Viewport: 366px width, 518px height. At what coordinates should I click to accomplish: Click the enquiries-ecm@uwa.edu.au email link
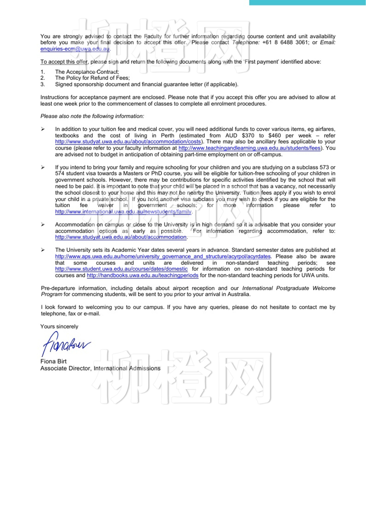[75, 49]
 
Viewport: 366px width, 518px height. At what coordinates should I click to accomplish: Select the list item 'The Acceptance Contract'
[87, 72]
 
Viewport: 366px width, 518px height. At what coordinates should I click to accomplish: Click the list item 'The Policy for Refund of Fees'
[92, 78]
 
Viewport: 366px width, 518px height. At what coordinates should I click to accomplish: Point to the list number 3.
[43, 84]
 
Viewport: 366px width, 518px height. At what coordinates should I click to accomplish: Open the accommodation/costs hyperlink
[128, 142]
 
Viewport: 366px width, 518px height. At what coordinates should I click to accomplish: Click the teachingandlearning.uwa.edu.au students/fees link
[249, 148]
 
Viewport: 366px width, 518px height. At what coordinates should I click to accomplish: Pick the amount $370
[248, 136]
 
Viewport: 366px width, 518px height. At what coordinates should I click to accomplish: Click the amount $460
[274, 136]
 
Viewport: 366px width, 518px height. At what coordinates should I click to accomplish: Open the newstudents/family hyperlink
[123, 212]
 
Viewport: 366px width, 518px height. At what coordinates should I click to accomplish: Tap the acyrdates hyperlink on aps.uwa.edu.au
[163, 256]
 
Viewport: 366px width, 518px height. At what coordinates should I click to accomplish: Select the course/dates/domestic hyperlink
[121, 269]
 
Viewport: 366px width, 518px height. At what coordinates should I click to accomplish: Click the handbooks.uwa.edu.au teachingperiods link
[142, 275]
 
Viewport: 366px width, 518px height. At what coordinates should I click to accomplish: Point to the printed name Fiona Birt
[53, 361]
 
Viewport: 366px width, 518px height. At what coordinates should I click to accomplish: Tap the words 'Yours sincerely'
[59, 326]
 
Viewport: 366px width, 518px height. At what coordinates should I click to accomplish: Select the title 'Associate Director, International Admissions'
[100, 368]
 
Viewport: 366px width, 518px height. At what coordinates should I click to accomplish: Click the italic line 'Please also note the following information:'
[92, 116]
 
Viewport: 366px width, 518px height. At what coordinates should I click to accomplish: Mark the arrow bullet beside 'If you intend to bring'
[43, 167]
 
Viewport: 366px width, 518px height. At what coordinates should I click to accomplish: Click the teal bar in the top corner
[307, 2]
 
